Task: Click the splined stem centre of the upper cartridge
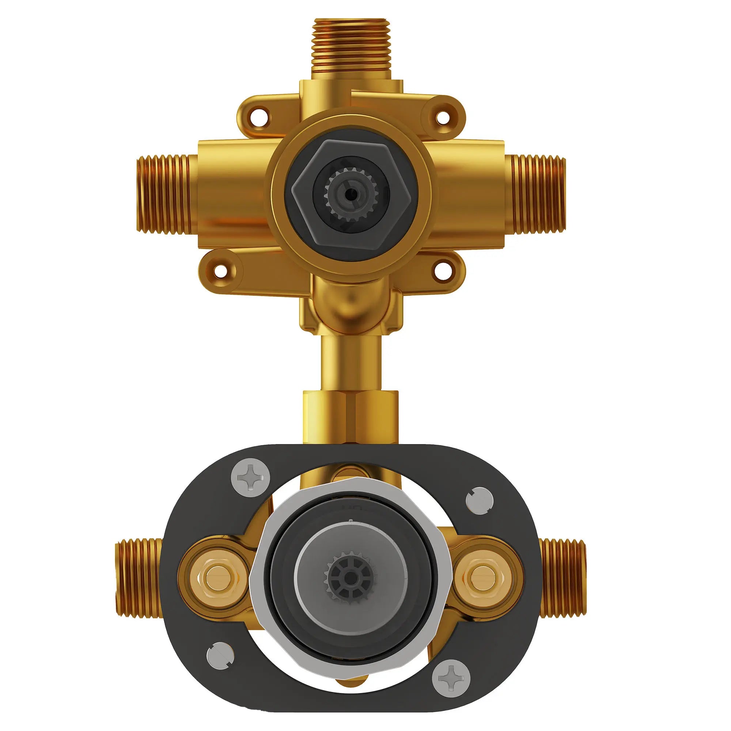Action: [345, 193]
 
